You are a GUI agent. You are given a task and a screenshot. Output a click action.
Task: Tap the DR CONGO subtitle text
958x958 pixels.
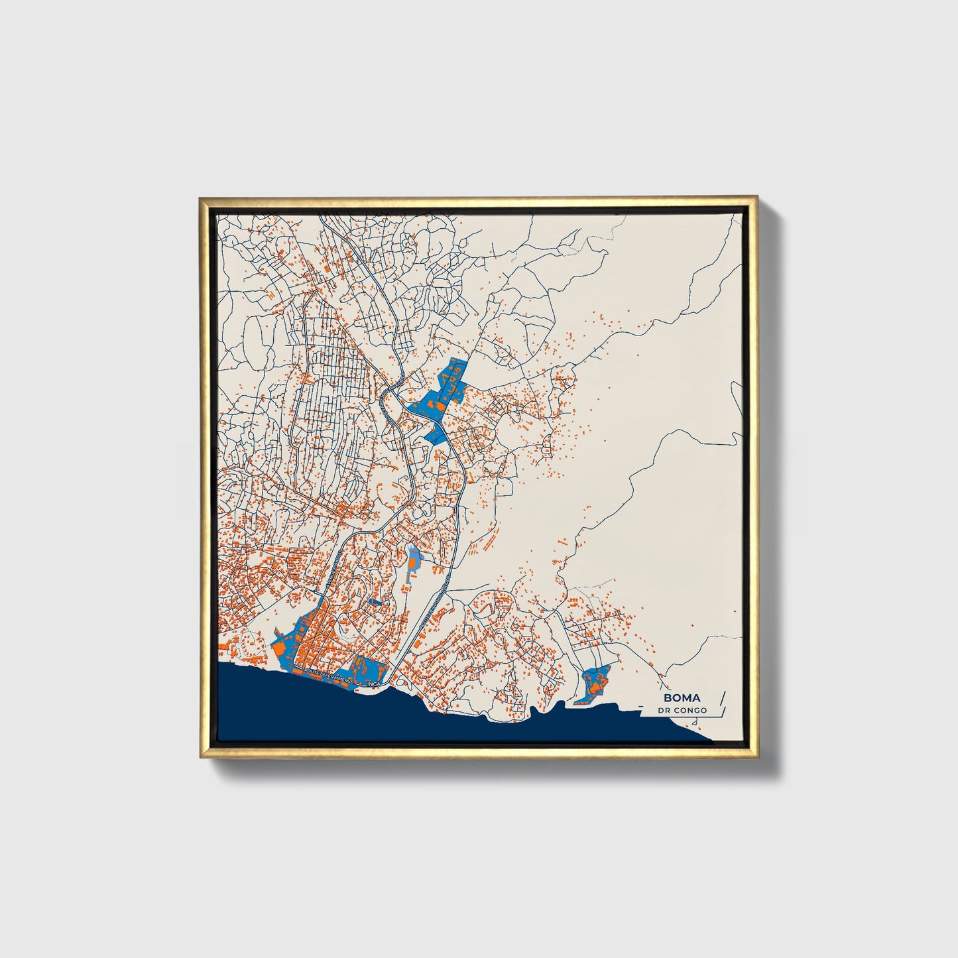pos(682,711)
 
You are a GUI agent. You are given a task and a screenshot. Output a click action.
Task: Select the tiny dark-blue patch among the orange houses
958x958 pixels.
pos(375,601)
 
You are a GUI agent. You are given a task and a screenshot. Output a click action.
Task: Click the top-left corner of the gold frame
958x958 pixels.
pos(201,198)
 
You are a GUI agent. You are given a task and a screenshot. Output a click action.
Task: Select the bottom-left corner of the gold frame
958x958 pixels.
pos(201,757)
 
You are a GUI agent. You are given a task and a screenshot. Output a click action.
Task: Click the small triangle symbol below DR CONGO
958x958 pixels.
pos(693,722)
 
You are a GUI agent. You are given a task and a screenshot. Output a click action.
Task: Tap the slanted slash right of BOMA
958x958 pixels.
pos(723,699)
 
